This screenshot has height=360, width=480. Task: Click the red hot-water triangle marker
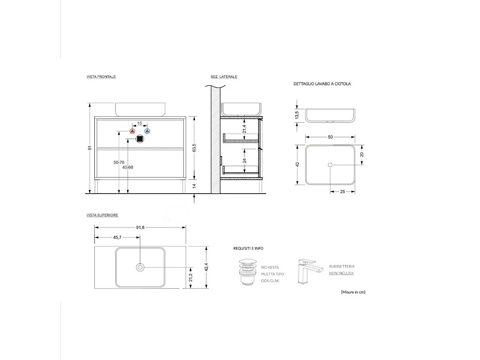[132, 131]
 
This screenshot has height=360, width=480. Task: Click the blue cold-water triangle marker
[147, 131]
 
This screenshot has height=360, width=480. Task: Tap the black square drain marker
[140, 139]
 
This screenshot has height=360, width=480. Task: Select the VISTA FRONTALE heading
[101, 76]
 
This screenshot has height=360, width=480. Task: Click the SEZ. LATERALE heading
[224, 76]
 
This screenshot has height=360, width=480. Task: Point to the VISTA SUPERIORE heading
[102, 215]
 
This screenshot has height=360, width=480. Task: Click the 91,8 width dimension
[140, 227]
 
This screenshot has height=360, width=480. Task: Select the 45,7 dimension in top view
[118, 238]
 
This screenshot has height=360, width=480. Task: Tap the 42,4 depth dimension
[206, 267]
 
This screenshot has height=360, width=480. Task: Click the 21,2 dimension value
[191, 277]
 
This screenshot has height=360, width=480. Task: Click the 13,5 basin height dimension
[297, 115]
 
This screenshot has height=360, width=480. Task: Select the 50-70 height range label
[119, 162]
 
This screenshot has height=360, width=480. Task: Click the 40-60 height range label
[128, 167]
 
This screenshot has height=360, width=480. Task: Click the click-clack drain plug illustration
[246, 271]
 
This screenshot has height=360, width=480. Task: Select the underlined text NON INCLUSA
[341, 274]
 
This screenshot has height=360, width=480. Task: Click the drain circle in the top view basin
[140, 267]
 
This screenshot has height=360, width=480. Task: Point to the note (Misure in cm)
[353, 292]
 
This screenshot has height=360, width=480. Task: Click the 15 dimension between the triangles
[140, 123]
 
